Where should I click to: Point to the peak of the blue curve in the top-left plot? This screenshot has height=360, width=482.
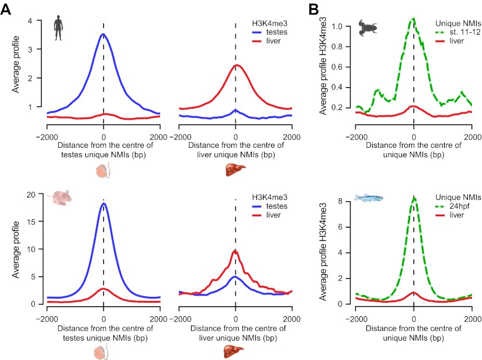tap(103, 34)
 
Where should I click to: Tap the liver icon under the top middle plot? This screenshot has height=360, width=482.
tap(235, 171)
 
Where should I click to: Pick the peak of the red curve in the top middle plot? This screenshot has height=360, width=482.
tap(235, 65)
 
